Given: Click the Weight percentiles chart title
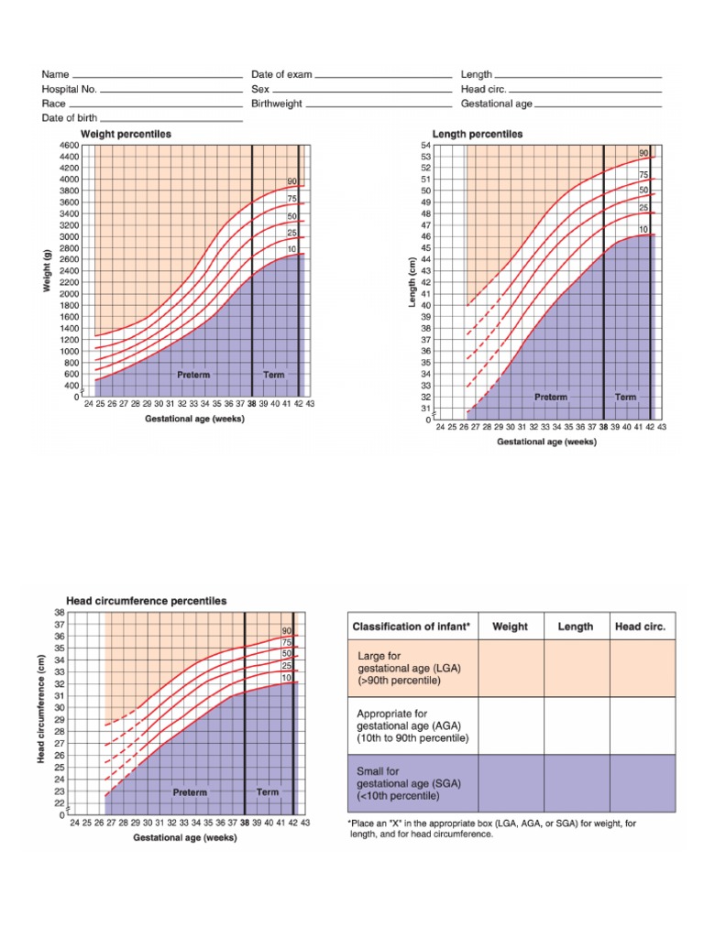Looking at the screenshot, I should click(126, 134).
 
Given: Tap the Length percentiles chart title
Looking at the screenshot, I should click(478, 134).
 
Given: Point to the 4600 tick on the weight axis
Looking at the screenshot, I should click(69, 146).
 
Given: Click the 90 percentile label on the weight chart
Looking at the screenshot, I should click(291, 182).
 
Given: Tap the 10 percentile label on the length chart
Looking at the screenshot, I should click(643, 229).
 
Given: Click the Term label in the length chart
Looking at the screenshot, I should click(625, 397).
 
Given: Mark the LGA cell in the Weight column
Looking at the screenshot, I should click(511, 668).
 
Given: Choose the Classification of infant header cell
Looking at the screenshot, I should click(412, 627).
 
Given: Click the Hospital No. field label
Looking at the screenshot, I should click(69, 89).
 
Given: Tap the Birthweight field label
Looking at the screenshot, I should click(277, 104).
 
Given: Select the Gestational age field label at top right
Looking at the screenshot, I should click(496, 104).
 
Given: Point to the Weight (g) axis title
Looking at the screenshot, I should click(46, 270).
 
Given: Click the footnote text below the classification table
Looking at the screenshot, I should click(492, 829).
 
